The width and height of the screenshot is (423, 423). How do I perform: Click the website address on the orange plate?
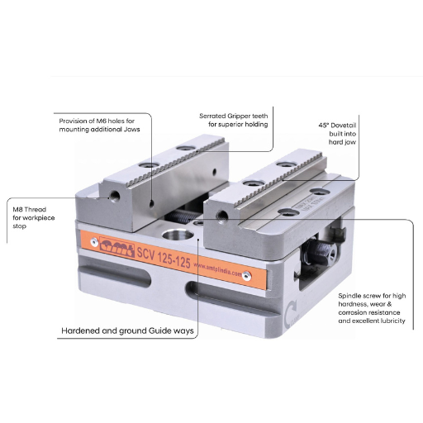(x=231, y=273)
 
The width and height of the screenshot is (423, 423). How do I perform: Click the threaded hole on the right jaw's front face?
(x=221, y=215)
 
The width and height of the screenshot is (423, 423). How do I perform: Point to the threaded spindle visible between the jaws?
(x=183, y=216)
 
